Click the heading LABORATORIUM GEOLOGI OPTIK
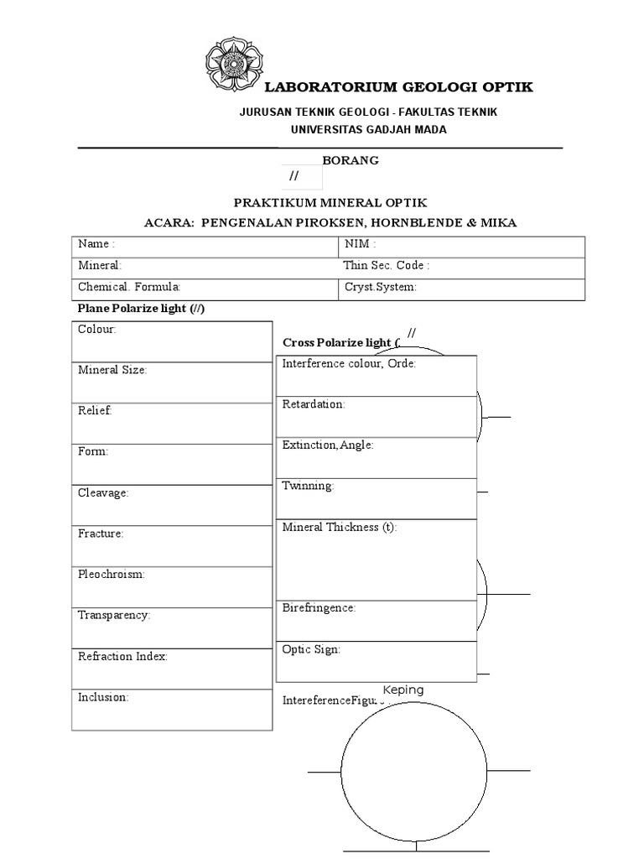pyautogui.click(x=398, y=88)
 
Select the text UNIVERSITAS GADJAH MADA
pyautogui.click(x=368, y=129)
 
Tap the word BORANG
pyautogui.click(x=351, y=160)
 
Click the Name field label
pyautogui.click(x=96, y=244)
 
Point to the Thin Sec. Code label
pyautogui.click(x=386, y=265)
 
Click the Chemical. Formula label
pyautogui.click(x=129, y=287)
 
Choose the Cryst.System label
pyautogui.click(x=380, y=287)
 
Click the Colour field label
pyautogui.click(x=97, y=330)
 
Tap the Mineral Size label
pyautogui.click(x=112, y=370)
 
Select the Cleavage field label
pyautogui.click(x=103, y=493)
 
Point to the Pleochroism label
pyautogui.click(x=112, y=575)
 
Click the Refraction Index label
pyautogui.click(x=122, y=657)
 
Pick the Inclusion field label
pyautogui.click(x=103, y=697)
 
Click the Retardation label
pyautogui.click(x=314, y=404)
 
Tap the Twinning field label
pyautogui.click(x=308, y=486)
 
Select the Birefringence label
pyautogui.click(x=319, y=608)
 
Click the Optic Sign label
pyautogui.click(x=311, y=649)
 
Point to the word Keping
pyautogui.click(x=403, y=690)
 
